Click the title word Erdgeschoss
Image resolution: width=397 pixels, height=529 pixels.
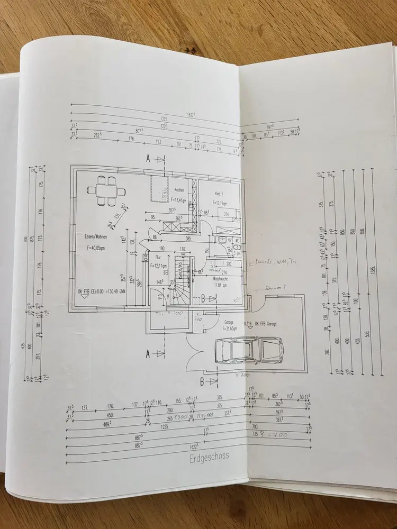209,457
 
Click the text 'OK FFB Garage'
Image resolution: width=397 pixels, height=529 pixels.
268,323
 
